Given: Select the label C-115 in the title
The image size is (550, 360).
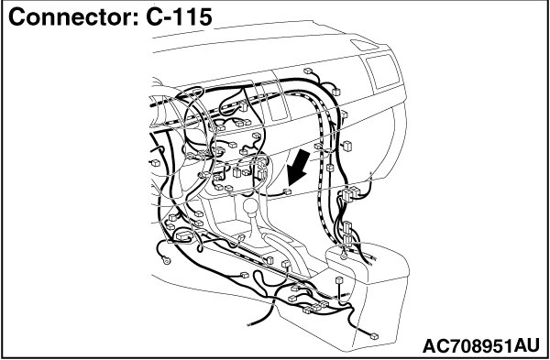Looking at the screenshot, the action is point(179,17).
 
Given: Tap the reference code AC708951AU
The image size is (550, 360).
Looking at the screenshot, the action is point(481,346).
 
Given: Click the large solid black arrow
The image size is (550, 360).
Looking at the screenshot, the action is point(298,168).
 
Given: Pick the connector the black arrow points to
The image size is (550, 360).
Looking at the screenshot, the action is point(287,191).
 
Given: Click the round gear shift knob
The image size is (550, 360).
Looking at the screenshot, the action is point(251,206).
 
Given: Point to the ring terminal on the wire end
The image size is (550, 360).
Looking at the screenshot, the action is point(167,260).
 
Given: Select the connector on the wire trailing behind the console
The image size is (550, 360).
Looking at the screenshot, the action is point(374,336).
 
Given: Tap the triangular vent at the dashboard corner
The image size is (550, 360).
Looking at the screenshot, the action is point(364,45).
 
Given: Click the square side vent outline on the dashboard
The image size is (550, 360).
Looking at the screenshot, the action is point(383,71).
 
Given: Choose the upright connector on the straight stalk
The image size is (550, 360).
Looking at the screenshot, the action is point(339,281).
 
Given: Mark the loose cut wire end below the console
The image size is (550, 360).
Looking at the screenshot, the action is point(249,323).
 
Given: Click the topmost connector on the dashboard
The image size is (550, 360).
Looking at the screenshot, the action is point(308,71).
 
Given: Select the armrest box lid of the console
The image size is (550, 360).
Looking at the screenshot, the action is point(368,262).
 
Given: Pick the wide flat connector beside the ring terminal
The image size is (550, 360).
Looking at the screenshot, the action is point(184,235).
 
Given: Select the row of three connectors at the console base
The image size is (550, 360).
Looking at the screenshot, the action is point(315,307).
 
